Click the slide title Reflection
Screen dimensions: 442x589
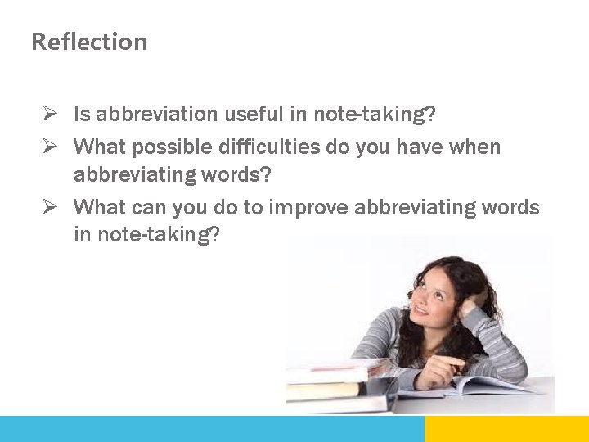89,42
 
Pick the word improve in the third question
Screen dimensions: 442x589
308,208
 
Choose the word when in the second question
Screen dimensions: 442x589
474,147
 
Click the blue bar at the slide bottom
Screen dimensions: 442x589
212,429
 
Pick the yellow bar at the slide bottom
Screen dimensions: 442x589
506,429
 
